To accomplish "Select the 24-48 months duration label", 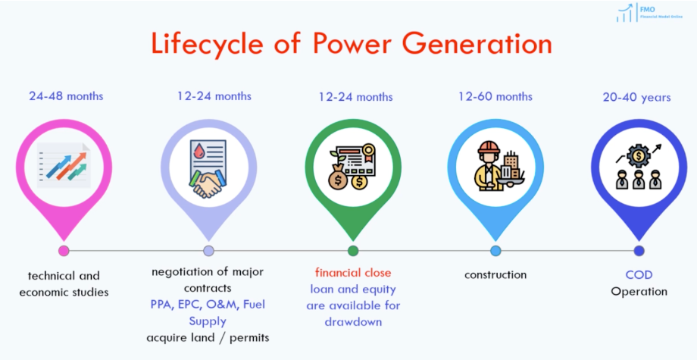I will tap(66, 96).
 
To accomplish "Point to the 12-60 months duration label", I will tap(495, 96).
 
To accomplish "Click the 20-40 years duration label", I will tap(636, 97).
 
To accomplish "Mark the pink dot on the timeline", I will tap(64, 251).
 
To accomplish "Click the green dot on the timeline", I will tap(353, 251).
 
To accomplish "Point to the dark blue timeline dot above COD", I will tap(639, 251).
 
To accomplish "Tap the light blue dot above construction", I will tap(495, 251).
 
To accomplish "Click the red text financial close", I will tap(353, 272).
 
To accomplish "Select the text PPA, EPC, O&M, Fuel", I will tap(208, 304).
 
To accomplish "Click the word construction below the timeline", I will tap(495, 274).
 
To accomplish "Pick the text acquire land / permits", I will tap(208, 337).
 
